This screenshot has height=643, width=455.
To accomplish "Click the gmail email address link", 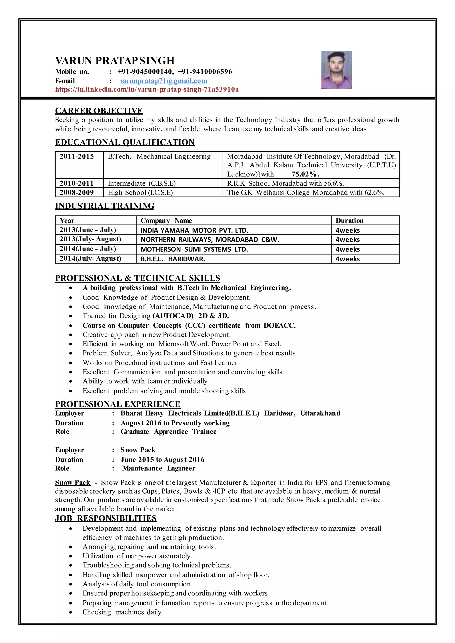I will click(163, 81).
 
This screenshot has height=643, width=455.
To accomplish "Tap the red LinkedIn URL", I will click(147, 90).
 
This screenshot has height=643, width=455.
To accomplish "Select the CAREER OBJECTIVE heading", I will click(99, 111).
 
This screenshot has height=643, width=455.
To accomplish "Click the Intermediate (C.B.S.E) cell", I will click(142, 183).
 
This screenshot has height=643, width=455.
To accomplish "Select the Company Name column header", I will click(166, 221).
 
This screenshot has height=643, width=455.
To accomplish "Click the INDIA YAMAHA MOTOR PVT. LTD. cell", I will click(194, 230).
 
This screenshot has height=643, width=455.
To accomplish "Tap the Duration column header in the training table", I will click(349, 221).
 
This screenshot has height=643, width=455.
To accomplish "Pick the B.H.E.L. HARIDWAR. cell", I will click(173, 259).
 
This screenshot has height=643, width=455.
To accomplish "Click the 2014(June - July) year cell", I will click(88, 249).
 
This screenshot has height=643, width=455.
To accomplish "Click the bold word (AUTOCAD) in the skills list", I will click(173, 316).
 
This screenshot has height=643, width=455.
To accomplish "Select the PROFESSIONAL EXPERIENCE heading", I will click(118, 404).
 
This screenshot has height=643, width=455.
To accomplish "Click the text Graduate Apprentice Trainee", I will click(168, 432).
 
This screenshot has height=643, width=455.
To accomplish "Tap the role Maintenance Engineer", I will click(159, 468).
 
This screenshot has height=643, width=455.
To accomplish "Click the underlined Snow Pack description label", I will click(73, 482).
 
